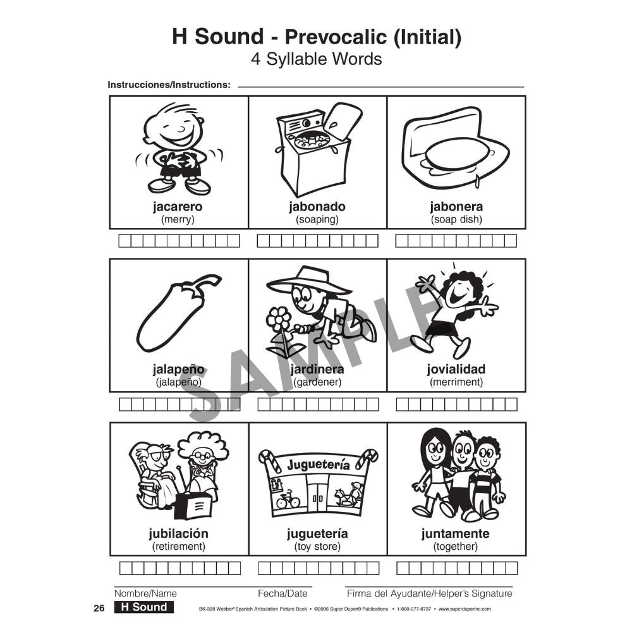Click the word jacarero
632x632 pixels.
178,207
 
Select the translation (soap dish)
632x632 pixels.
456,220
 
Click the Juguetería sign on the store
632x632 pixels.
318,465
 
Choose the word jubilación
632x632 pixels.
178,533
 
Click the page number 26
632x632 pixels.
98,608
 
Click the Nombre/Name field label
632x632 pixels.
145,593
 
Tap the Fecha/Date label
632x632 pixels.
283,593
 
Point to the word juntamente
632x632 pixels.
456,533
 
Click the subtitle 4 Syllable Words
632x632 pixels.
316,59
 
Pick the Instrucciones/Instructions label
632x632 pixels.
169,85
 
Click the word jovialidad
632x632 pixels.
456,369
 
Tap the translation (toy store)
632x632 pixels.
317,547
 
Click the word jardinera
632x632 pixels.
317,369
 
